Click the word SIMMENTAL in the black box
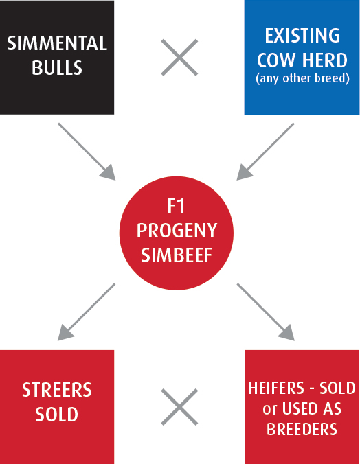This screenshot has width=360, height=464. [x=57, y=43]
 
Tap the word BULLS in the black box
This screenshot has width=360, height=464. [x=57, y=67]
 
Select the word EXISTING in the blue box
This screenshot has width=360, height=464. [x=302, y=36]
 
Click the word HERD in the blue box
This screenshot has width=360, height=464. [x=325, y=60]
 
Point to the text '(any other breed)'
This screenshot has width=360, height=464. [x=302, y=78]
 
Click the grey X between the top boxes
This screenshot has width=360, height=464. [x=179, y=58]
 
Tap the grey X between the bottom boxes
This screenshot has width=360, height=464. [x=179, y=407]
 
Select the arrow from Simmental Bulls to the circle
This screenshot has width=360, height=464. [x=87, y=152]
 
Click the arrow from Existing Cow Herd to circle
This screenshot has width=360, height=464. [x=265, y=152]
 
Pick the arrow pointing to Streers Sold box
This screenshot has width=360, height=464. [x=87, y=312]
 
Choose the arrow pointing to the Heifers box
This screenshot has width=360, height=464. [x=266, y=312]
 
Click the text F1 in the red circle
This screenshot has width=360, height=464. [x=177, y=206]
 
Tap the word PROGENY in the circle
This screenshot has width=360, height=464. [x=177, y=231]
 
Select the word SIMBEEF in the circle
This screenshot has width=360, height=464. [x=177, y=255]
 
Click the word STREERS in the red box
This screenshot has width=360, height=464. [x=57, y=390]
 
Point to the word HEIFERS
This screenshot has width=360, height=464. [x=276, y=388]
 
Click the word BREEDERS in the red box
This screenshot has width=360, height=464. [x=302, y=429]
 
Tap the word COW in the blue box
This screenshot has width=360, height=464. [x=277, y=60]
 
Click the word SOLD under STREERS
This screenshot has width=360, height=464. [x=57, y=415]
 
